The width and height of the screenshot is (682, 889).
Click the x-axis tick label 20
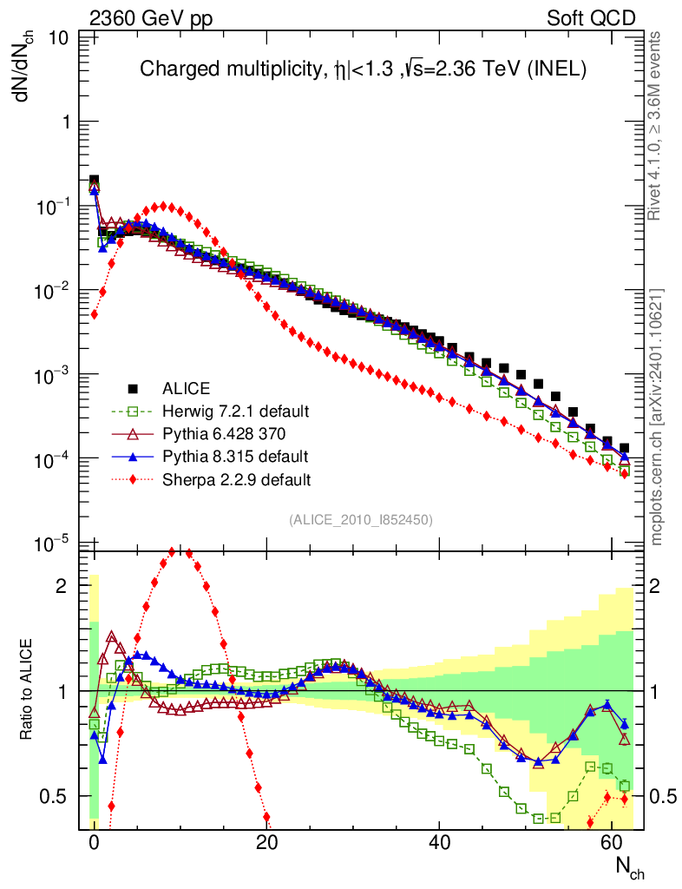click(x=266, y=843)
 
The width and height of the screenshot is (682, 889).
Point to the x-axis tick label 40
click(x=440, y=843)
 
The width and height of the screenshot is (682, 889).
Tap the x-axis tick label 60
click(x=613, y=843)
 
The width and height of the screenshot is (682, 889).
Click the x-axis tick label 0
click(x=94, y=843)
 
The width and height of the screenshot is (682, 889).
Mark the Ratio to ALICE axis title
click(x=30, y=690)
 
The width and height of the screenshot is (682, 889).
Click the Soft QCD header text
click(x=591, y=18)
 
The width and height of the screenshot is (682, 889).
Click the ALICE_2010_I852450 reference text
click(x=361, y=519)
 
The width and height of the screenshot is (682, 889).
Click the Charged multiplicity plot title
click(x=364, y=69)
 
